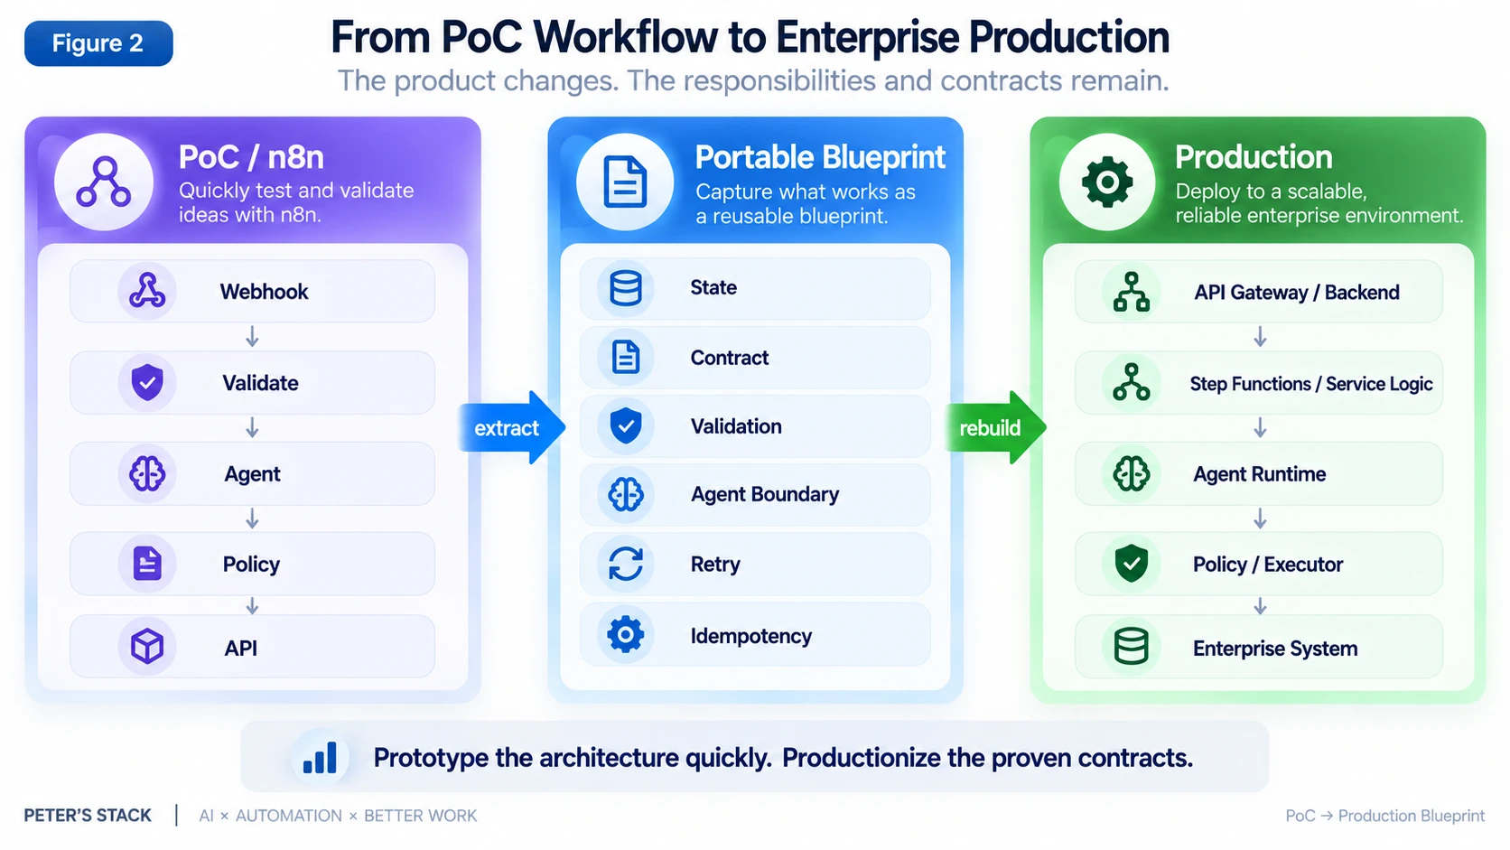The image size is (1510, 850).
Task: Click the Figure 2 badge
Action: coord(98,43)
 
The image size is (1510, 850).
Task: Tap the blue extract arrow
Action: coord(511,427)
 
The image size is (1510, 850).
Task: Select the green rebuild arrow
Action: coord(995,427)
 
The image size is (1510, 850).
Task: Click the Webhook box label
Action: coord(264,292)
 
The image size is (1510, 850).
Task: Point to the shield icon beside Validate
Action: coord(147,383)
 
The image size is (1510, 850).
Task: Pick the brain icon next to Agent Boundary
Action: coord(626,495)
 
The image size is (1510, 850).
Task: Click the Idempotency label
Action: coord(751,636)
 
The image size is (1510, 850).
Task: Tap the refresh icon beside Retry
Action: coord(626,564)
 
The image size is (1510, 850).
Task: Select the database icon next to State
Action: coord(626,288)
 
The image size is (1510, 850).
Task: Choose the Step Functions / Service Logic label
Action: coord(1311,384)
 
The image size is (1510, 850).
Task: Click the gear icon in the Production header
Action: coord(1107,182)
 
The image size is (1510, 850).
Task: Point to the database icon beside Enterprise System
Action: coord(1132,647)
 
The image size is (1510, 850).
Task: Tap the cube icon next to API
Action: coord(147,647)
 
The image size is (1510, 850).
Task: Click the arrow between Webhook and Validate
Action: coord(252,336)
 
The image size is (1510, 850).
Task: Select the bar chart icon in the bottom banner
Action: coord(321,758)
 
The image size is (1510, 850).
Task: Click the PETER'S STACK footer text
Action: coord(88,816)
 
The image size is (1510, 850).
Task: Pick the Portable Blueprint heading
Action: coord(820,157)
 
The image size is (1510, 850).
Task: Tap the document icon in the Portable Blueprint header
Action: coord(625,182)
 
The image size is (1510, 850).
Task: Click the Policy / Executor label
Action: coord(1268,565)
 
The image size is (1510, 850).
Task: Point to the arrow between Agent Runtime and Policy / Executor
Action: coord(1260,518)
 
